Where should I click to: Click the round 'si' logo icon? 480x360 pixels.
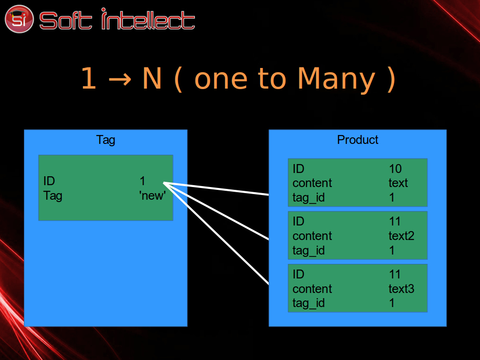(19, 19)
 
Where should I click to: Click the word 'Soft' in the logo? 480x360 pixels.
(66, 21)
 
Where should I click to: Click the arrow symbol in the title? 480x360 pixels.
(120, 79)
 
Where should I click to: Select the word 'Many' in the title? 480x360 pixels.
(337, 80)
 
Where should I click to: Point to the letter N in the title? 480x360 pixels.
(152, 78)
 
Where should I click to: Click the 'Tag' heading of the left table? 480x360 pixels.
(105, 140)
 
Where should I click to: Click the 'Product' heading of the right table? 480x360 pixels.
(358, 140)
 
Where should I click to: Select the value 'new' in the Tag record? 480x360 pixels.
(152, 195)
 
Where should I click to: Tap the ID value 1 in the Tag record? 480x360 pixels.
(142, 181)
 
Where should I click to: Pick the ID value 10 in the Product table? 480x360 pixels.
(395, 169)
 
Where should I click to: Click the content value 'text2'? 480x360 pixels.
(401, 236)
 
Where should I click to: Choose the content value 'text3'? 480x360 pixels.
(401, 289)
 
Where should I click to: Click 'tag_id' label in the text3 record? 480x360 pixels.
(308, 303)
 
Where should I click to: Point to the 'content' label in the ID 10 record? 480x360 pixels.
(312, 183)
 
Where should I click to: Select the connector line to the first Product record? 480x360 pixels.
(216, 188)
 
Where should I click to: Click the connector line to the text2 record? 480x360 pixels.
(216, 211)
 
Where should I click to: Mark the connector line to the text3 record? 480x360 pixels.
(216, 233)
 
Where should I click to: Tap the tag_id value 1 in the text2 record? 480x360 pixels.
(392, 250)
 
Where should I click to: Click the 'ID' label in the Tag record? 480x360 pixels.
(49, 181)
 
